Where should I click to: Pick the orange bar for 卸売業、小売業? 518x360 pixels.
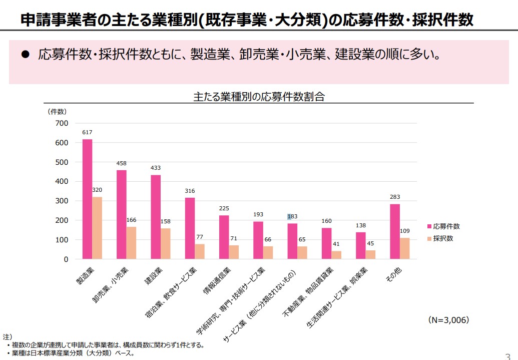click(x=131, y=243)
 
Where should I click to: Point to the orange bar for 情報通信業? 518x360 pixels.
click(x=234, y=252)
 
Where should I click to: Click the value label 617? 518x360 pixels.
click(x=88, y=132)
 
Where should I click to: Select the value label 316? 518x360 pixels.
click(x=190, y=191)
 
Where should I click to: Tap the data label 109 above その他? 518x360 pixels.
click(x=405, y=231)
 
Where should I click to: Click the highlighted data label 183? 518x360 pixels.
click(x=292, y=216)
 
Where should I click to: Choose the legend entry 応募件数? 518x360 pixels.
click(x=446, y=226)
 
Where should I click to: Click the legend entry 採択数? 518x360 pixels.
click(x=443, y=238)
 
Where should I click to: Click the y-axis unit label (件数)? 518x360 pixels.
click(x=57, y=111)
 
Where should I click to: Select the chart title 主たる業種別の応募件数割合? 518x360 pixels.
click(x=259, y=97)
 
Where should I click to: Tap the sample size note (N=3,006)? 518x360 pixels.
click(x=448, y=319)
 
